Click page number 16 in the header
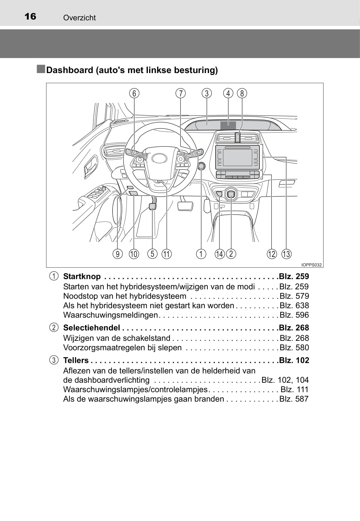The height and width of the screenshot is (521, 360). (x=30, y=16)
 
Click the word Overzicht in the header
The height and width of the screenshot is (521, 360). (x=79, y=18)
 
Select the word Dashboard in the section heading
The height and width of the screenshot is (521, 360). (x=70, y=70)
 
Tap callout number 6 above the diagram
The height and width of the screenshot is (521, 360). (x=134, y=93)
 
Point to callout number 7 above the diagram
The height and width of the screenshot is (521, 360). (x=181, y=93)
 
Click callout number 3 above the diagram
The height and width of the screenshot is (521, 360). (x=207, y=93)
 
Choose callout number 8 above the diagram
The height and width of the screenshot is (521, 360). (x=242, y=93)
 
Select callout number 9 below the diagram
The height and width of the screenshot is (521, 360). (x=118, y=254)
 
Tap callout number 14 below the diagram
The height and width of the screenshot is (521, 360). (x=219, y=254)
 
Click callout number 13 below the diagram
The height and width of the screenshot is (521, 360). (x=286, y=254)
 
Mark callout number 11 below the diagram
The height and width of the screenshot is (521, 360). (x=166, y=254)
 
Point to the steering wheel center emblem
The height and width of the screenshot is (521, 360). (x=160, y=159)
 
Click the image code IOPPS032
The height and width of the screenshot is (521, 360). (x=311, y=265)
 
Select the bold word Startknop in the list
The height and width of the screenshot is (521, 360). (x=82, y=276)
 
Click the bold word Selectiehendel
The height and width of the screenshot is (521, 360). (x=91, y=328)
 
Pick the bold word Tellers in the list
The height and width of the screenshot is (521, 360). (x=76, y=360)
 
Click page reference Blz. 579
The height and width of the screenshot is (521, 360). (x=294, y=296)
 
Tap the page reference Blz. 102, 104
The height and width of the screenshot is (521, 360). (x=285, y=380)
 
